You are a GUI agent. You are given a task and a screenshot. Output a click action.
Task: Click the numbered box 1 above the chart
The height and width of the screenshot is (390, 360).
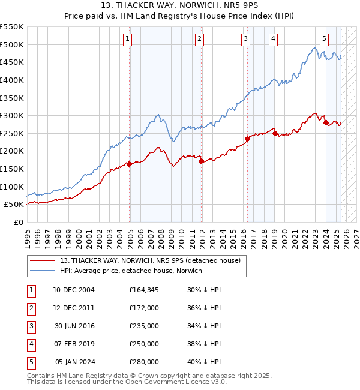(129, 40)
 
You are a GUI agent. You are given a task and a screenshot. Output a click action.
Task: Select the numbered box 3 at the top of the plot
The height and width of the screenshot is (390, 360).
(246, 40)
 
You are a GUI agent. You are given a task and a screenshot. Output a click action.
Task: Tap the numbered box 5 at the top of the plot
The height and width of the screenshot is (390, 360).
(324, 40)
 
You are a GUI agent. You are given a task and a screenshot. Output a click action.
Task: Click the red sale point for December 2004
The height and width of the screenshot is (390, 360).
(130, 164)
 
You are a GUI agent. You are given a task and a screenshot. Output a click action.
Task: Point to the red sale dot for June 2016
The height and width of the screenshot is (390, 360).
(247, 139)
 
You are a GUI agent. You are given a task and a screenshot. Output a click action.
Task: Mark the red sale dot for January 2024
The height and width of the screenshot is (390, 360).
(326, 123)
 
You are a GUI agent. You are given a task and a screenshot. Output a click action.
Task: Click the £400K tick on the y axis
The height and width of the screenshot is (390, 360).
(12, 80)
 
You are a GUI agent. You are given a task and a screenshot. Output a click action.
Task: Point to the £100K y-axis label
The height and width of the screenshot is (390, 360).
(12, 187)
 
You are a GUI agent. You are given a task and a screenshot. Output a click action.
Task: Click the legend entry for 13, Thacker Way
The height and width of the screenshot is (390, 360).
(150, 260)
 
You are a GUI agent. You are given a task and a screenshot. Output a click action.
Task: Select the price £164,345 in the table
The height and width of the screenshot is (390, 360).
(144, 290)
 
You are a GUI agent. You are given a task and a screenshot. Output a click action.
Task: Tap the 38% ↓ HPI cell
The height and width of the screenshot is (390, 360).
(204, 344)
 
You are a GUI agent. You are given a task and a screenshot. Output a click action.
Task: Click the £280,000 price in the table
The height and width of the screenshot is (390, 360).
(144, 362)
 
